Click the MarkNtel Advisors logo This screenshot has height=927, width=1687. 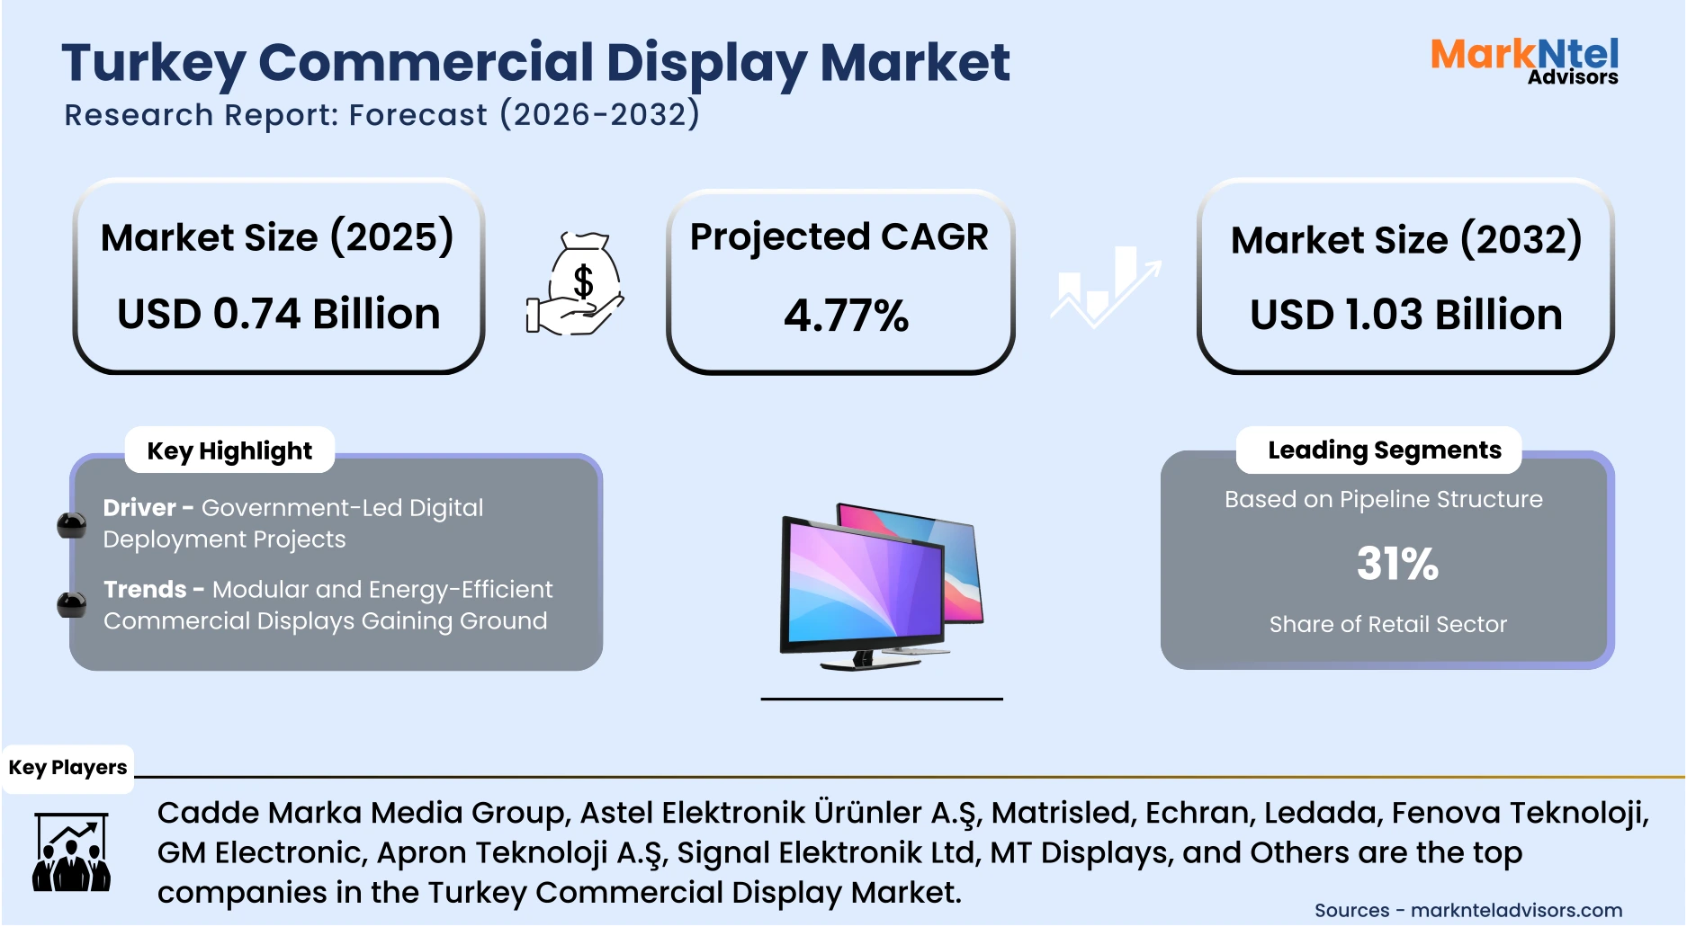[1524, 61]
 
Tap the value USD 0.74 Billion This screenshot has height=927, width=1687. [279, 314]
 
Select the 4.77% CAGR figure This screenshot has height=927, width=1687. [846, 316]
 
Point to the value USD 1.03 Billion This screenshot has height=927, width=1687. [1405, 315]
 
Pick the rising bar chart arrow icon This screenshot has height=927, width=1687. [1106, 286]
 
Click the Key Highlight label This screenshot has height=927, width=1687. [229, 450]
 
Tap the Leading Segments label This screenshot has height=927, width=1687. [1384, 450]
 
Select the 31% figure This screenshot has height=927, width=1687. [1397, 564]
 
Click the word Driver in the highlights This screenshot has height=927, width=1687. [139, 508]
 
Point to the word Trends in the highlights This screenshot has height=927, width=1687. [145, 590]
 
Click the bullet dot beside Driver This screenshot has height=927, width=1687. [72, 525]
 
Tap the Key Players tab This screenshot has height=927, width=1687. [67, 768]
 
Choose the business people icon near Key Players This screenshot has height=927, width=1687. [71, 852]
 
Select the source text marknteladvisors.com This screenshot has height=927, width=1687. [1516, 911]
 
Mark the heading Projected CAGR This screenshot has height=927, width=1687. [839, 237]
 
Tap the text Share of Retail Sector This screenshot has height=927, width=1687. [1387, 624]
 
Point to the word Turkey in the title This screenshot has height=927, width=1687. [153, 64]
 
